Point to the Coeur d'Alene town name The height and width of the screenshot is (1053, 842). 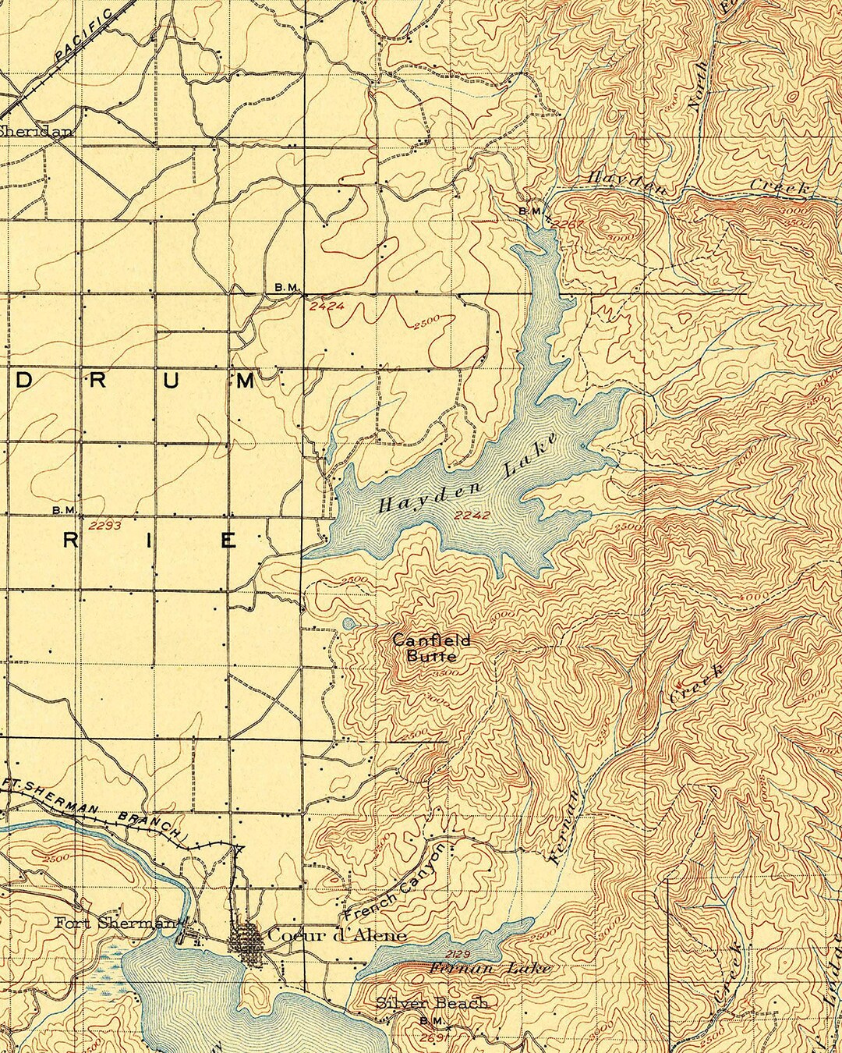tap(336, 935)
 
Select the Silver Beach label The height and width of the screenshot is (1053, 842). tap(432, 1003)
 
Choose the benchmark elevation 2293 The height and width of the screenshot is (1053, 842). tap(105, 526)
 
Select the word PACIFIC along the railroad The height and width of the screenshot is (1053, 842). tap(84, 37)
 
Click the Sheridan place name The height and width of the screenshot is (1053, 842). tap(35, 131)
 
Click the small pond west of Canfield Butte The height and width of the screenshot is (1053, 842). tap(348, 623)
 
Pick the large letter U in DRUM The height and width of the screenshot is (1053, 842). tap(171, 381)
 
